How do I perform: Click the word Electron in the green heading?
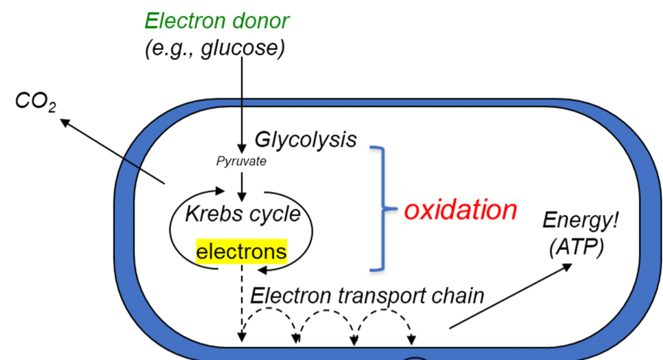(186, 21)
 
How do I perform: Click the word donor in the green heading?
(261, 21)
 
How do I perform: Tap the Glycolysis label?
(305, 139)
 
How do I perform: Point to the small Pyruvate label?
(241, 161)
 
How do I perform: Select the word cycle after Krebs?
(274, 214)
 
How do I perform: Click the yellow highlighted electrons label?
(241, 251)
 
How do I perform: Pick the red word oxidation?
(460, 210)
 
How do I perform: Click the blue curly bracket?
(384, 209)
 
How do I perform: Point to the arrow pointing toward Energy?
(510, 295)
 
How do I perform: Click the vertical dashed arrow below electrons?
(242, 304)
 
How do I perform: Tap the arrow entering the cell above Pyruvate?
(242, 124)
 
